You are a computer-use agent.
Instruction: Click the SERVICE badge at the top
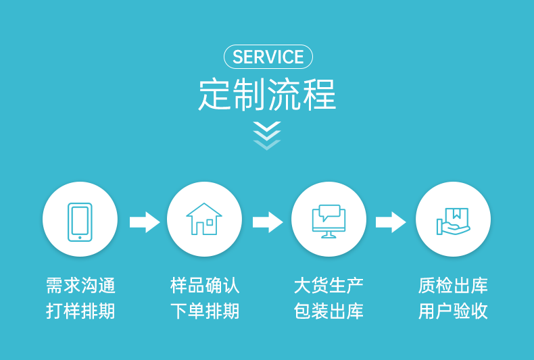tap(268, 57)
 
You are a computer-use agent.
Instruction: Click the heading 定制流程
tap(267, 95)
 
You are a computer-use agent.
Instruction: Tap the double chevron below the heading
tap(267, 134)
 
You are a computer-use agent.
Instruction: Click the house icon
tap(204, 220)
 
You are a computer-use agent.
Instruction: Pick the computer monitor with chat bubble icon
tap(329, 220)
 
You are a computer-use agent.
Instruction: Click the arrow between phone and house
tap(144, 222)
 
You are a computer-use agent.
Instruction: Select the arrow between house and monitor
tap(268, 222)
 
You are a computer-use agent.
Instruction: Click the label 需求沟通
tap(80, 286)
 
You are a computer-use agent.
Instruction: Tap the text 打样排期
tap(80, 311)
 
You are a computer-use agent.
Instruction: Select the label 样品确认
tap(205, 286)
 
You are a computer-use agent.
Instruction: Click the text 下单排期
tap(205, 311)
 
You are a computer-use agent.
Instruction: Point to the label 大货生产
tap(329, 286)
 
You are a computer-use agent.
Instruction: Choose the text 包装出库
tap(329, 311)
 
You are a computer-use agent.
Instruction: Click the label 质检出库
tap(453, 286)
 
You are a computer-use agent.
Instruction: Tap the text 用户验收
tap(453, 311)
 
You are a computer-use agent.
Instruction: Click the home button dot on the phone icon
tap(80, 237)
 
